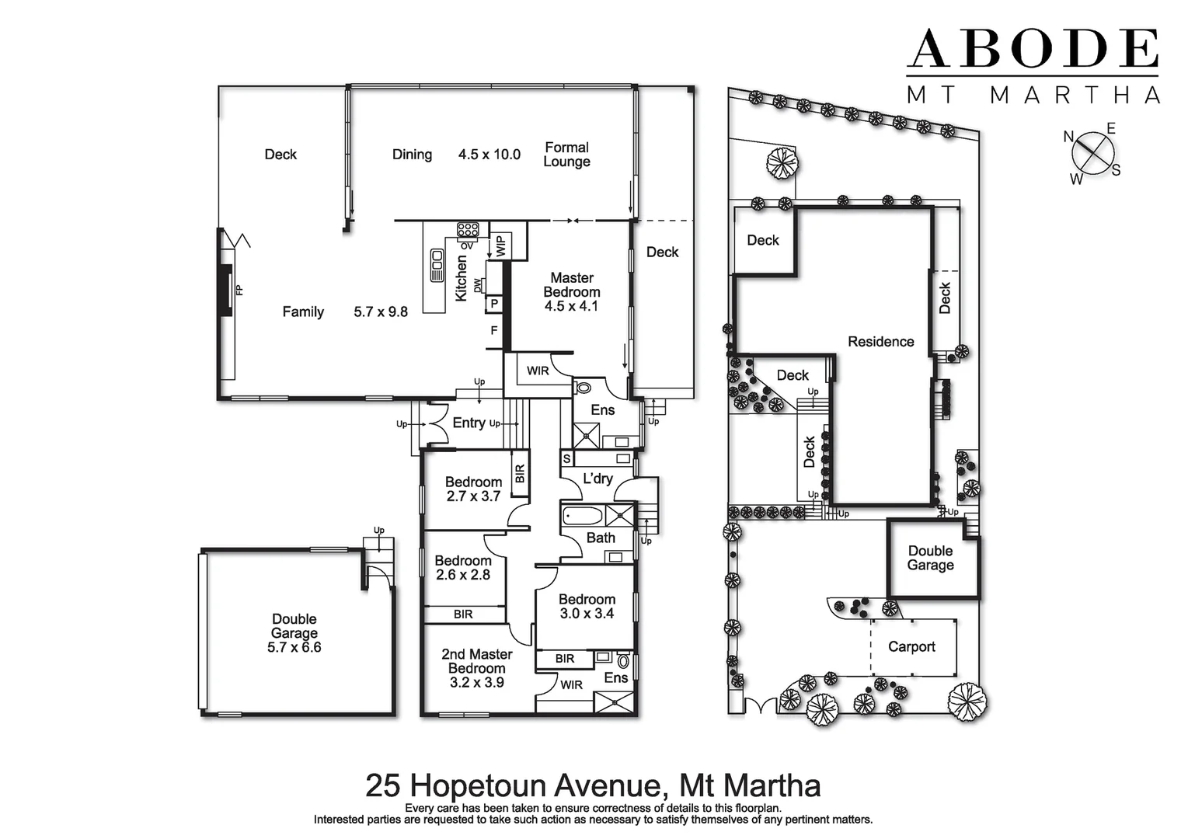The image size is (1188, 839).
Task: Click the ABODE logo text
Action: pos(1033,50)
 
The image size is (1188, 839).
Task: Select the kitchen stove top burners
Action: pos(468,229)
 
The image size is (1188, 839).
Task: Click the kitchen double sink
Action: pos(437,266)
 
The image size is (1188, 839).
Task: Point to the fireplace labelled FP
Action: pos(225,290)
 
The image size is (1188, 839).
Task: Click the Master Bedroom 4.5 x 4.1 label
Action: pos(571,292)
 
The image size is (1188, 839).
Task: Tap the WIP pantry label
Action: pos(500,246)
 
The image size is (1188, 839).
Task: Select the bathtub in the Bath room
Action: pos(583,516)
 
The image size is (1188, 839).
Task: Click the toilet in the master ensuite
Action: pos(584,388)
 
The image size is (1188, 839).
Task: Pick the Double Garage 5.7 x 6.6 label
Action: pos(294,632)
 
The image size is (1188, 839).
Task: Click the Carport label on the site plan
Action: pos(911,646)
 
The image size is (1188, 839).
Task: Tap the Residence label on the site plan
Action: pos(880,342)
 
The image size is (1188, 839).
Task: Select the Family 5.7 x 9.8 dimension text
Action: pos(381,312)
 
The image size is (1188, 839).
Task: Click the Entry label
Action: pos(469,423)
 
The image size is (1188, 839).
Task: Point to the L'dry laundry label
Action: pos(597,479)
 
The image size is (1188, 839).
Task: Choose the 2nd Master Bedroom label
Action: pos(476,668)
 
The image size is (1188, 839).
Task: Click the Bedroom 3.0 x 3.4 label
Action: pos(587,606)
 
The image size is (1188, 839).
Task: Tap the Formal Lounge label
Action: pos(566,155)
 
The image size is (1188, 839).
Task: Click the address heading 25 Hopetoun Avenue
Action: pos(593,785)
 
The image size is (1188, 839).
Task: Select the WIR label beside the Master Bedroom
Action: pos(538,371)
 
